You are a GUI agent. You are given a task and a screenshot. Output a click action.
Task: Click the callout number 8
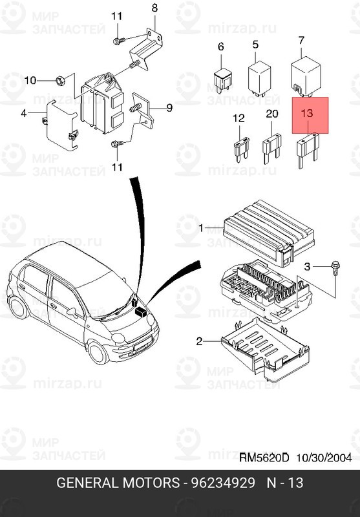[154, 8]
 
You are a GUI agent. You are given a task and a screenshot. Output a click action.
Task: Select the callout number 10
[30, 81]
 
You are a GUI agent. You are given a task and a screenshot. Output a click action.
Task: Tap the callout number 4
[24, 114]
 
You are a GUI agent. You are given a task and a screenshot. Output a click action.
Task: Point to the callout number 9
[169, 108]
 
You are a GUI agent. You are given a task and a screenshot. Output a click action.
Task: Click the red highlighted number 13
[307, 112]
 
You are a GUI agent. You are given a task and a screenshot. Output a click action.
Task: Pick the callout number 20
[272, 113]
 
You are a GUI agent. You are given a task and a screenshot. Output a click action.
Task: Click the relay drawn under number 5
[260, 75]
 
